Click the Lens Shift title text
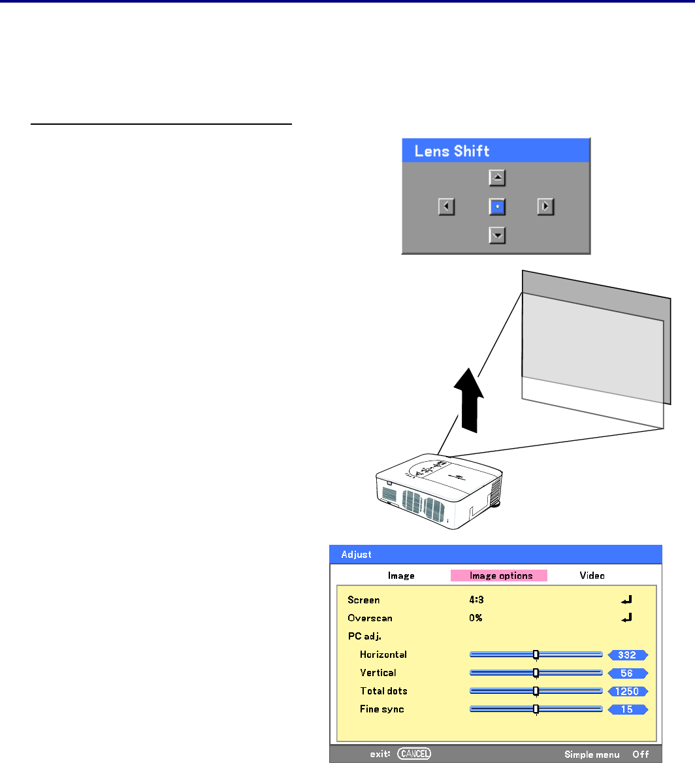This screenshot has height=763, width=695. tap(451, 152)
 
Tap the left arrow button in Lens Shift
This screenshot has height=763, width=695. tap(446, 207)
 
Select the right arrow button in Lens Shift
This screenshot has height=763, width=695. tap(545, 207)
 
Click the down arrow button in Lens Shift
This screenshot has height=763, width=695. tap(498, 235)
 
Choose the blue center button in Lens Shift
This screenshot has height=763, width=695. tap(498, 207)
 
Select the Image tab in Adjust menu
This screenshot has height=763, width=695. tap(401, 576)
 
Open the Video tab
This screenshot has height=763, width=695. tap(592, 576)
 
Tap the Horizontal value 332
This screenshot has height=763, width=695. tap(627, 655)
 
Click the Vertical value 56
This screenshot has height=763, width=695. tap(627, 673)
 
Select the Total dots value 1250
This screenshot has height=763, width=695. tap(627, 691)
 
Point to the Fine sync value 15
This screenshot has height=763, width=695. tap(627, 709)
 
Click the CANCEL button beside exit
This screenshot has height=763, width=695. tap(414, 755)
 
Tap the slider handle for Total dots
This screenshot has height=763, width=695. tap(536, 691)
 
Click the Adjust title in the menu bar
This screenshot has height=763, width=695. tap(356, 555)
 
